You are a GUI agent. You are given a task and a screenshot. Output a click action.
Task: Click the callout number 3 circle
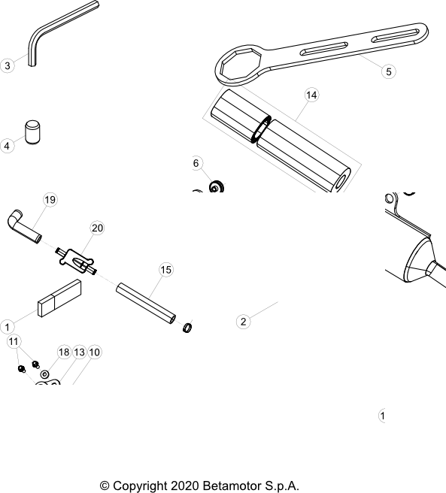tap(8, 65)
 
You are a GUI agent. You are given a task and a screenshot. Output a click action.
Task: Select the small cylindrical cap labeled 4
tap(33, 132)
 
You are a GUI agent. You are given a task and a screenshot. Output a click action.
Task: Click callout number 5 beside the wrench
tap(389, 71)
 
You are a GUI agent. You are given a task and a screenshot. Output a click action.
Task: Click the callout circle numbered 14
tap(311, 95)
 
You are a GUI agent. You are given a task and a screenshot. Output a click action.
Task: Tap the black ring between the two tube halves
tap(261, 129)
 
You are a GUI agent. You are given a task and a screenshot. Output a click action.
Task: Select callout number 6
tap(196, 163)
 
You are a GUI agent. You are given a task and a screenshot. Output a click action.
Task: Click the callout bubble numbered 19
tap(50, 200)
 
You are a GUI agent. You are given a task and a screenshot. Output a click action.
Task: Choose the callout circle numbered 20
tap(97, 228)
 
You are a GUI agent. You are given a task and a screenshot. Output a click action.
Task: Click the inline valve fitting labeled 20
tap(76, 262)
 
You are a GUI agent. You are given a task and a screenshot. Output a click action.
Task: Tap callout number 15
tap(166, 270)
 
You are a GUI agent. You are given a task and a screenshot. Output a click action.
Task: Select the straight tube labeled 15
tap(146, 304)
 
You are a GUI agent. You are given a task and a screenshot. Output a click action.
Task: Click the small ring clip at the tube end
tap(187, 328)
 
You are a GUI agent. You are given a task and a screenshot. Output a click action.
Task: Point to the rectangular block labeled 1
tap(59, 298)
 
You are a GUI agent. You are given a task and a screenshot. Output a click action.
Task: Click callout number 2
tap(243, 322)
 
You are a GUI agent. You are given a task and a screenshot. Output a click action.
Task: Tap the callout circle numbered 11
tap(14, 341)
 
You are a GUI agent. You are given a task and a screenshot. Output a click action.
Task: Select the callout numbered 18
tap(64, 352)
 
